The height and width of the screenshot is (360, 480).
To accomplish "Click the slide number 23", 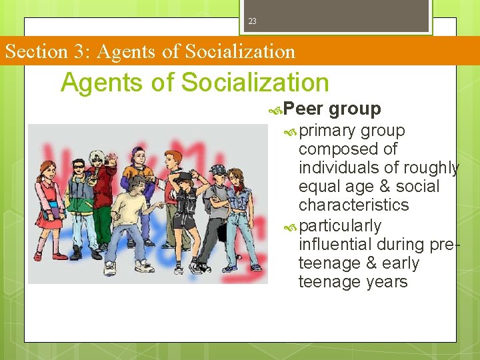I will coord(252,21).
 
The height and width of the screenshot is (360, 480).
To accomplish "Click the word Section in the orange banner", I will coord(35,51).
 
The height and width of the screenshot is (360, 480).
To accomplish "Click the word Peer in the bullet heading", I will coord(303,109).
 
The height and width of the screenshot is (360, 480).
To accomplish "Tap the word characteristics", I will coord(354,205).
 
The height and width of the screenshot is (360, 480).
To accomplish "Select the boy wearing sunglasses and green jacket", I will coord(81,200).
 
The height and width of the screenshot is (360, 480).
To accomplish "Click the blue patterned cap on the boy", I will coord(218,170).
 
